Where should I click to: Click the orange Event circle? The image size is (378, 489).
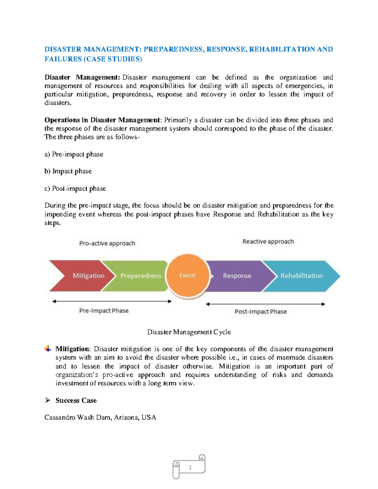click(188, 276)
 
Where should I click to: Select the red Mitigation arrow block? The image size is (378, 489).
click(82, 276)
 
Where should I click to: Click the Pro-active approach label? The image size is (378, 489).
click(107, 243)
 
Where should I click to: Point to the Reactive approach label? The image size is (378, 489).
click(268, 242)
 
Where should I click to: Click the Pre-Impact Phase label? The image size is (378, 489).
click(104, 311)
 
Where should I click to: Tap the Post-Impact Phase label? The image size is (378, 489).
click(261, 312)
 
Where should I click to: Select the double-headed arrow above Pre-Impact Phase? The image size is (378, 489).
click(112, 301)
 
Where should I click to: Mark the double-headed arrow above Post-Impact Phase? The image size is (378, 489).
click(265, 304)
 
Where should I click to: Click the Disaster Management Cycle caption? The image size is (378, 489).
click(189, 332)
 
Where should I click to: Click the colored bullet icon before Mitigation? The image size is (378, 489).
click(48, 349)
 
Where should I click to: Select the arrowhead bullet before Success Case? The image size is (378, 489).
click(48, 400)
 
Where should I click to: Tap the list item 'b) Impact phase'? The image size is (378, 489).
click(68, 171)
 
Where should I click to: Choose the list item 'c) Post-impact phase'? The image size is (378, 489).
click(75, 189)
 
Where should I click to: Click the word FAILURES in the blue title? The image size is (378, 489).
click(63, 59)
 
